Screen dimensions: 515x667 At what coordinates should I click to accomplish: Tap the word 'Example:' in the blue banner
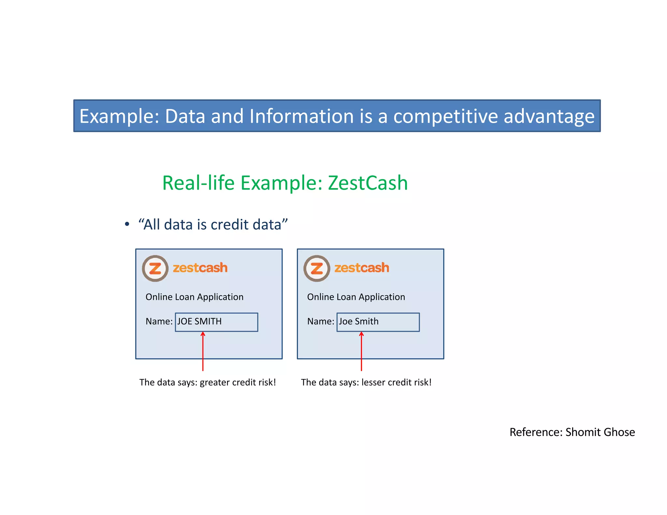coord(119,116)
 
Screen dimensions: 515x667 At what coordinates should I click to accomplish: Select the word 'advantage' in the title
coord(549,116)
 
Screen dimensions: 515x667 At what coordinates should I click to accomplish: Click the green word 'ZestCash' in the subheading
coord(368,183)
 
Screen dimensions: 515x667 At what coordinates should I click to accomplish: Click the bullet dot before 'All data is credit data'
coord(127,224)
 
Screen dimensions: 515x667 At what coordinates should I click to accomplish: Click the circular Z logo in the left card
coord(155,269)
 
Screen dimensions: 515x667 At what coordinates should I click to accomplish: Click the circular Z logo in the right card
coord(317,269)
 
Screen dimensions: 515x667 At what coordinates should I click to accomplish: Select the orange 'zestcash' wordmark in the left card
coord(200,268)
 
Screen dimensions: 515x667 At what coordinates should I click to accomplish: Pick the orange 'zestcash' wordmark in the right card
coord(362,268)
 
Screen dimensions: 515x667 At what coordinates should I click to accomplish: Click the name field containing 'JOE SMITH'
coord(216,322)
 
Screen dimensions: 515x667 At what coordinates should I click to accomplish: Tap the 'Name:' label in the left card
coord(159,322)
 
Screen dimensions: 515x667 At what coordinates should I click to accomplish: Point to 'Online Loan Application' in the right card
coord(356,297)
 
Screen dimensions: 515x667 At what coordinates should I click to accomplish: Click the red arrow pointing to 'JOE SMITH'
coord(203,352)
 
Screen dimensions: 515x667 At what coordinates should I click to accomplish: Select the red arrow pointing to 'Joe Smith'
coord(361,352)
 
